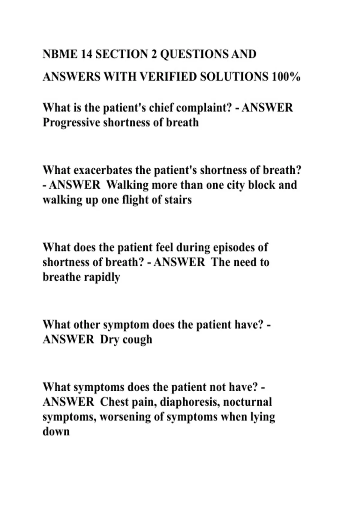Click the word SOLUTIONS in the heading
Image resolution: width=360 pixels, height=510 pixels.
234,77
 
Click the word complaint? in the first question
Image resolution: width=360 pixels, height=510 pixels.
204,108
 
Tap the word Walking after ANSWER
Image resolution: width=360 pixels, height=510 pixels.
127,185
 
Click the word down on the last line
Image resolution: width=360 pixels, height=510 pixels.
56,432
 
